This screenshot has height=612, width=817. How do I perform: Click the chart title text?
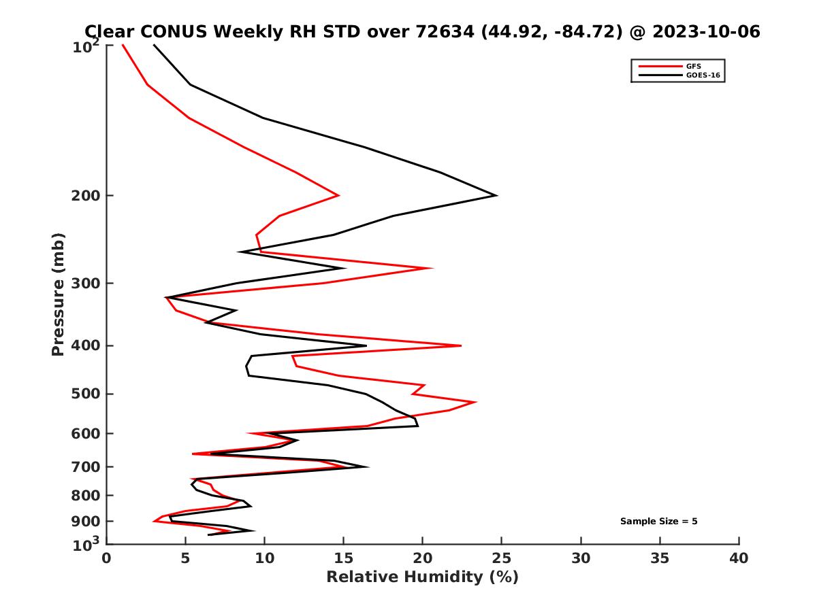422,31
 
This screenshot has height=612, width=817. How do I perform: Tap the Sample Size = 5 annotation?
658,522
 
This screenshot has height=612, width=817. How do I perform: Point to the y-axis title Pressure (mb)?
58,294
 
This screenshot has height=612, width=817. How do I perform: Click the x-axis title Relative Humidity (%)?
422,577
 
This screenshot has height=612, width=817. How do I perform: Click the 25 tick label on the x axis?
502,558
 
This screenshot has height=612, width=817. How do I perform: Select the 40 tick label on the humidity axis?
739,558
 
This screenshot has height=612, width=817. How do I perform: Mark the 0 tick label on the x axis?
107,558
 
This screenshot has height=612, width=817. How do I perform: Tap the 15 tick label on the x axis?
344,558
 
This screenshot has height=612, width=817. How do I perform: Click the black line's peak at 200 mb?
496,196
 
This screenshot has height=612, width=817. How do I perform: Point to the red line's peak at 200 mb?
338,196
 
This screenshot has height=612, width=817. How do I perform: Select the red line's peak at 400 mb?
461,345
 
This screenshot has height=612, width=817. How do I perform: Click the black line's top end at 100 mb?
154,45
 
